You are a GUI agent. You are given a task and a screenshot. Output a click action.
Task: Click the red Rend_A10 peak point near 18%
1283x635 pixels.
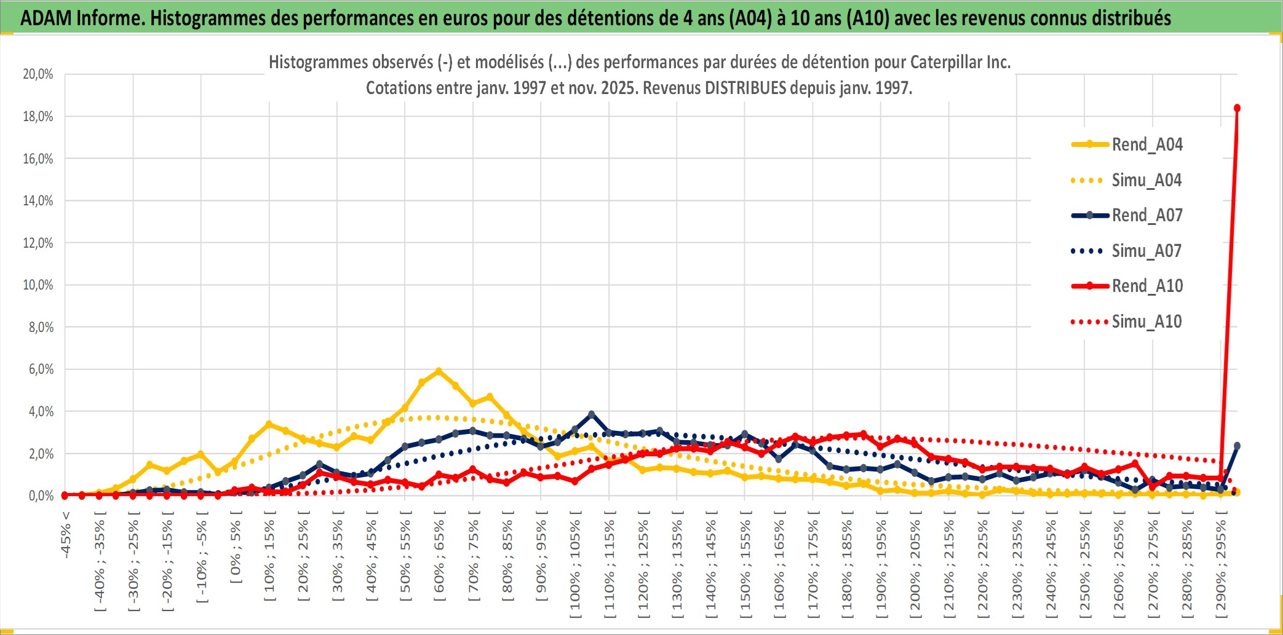pos(1237,108)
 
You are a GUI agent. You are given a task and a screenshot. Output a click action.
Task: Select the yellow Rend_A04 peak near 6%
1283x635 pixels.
pos(439,371)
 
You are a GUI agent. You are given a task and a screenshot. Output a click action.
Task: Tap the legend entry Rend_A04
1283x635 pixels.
pos(1146,144)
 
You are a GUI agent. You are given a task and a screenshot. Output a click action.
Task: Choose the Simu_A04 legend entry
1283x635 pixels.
pos(1146,180)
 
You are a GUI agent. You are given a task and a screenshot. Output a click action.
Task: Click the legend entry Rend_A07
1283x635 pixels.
pos(1146,215)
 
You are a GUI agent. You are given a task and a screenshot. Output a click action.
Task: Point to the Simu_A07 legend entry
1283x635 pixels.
pos(1146,251)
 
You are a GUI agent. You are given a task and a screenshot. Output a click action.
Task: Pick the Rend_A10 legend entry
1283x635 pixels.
pos(1146,286)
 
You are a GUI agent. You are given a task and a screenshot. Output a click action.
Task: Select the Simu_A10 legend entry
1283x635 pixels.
pos(1146,321)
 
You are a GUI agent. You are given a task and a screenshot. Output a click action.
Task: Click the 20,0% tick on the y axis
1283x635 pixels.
pos(38,74)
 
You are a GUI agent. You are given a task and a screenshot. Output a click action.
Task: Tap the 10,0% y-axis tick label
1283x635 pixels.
pos(38,285)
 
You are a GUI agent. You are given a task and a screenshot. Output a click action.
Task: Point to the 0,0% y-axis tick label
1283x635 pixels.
pos(41,495)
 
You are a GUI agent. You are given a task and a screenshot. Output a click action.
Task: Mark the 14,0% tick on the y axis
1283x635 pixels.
pos(38,200)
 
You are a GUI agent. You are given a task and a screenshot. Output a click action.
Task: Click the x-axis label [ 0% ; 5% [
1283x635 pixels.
pos(236,552)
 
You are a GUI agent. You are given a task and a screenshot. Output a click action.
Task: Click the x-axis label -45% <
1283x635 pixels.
pos(66,535)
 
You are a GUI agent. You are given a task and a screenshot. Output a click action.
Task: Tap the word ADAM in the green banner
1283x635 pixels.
pos(46,18)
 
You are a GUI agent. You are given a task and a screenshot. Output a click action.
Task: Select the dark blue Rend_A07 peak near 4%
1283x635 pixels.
pos(592,414)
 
